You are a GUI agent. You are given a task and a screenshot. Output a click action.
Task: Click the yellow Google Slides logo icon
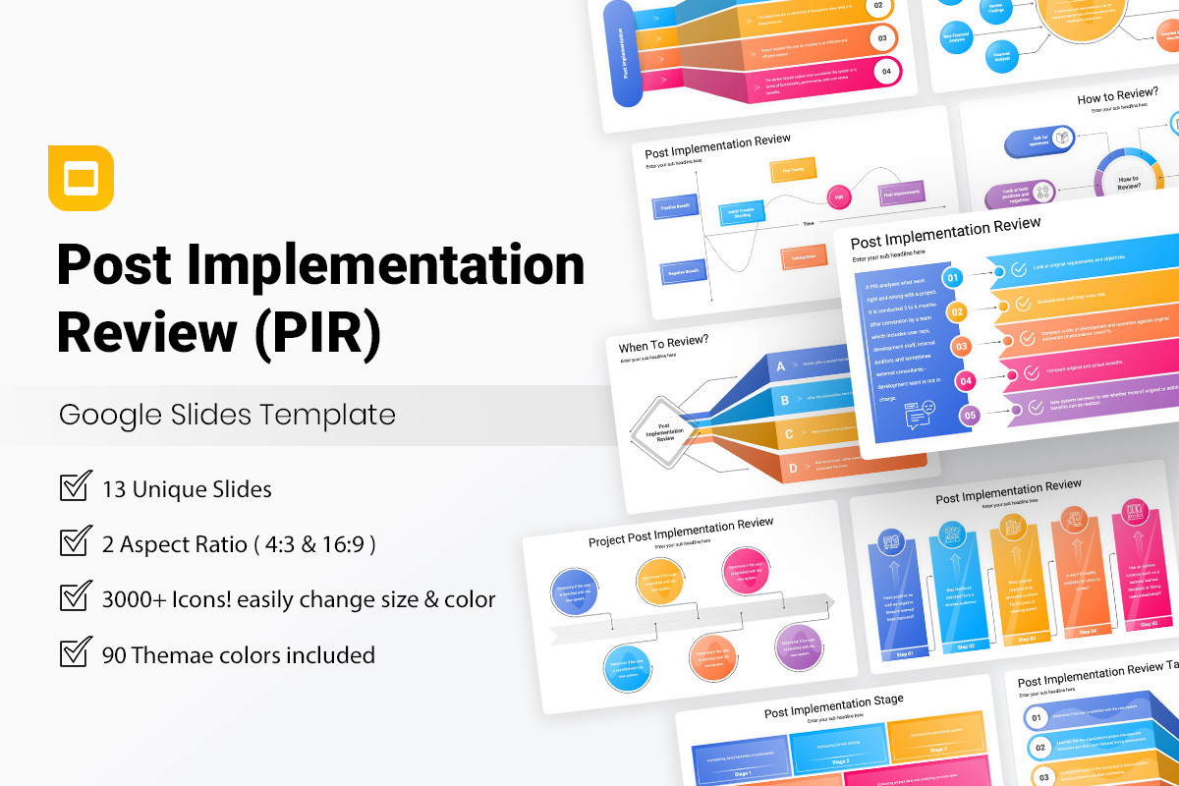[81, 178]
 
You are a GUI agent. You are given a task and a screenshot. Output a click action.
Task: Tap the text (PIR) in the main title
[317, 331]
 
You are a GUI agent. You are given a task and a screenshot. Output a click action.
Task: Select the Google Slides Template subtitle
[227, 415]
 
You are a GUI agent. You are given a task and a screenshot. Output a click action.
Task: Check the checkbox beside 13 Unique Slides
[76, 487]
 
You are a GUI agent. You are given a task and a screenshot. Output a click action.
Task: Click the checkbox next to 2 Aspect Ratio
[76, 542]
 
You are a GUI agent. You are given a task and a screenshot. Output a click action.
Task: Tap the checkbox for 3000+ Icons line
[76, 597]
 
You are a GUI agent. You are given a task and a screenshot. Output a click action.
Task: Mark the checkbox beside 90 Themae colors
[76, 652]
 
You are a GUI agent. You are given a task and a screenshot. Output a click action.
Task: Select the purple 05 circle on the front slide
[970, 416]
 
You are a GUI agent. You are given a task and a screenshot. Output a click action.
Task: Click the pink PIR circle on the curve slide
[839, 196]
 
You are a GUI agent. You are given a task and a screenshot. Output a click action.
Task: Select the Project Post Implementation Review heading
[681, 532]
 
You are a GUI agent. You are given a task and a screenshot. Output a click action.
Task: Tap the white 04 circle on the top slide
[886, 71]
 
